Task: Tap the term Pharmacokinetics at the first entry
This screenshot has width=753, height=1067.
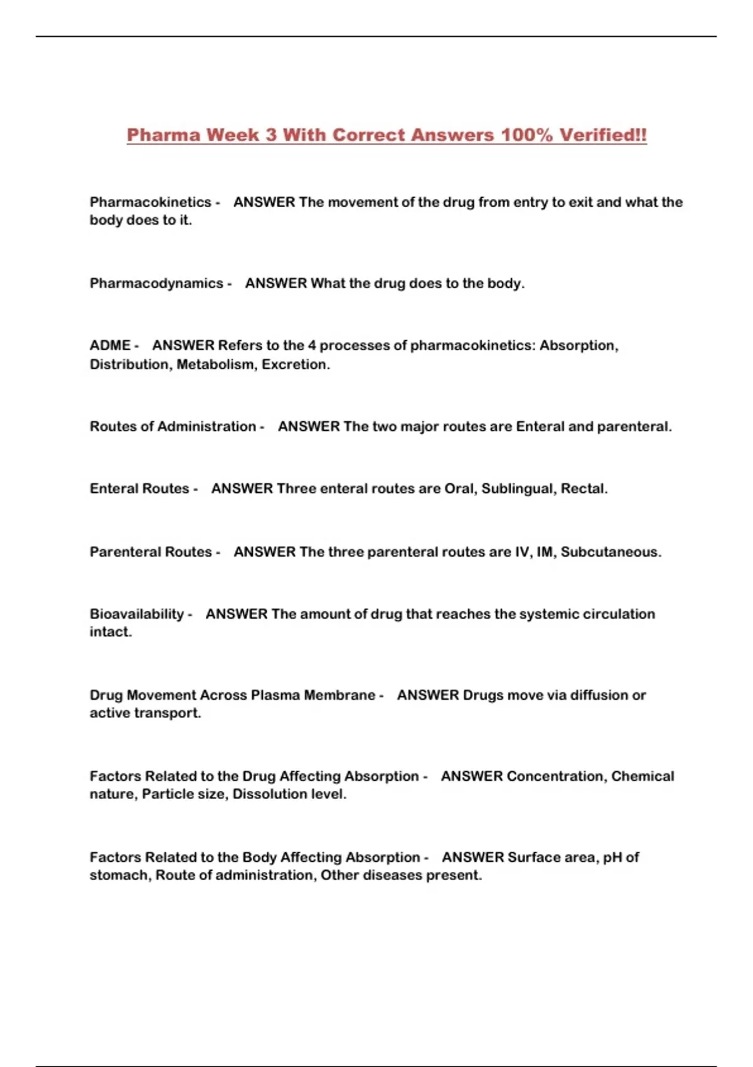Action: (x=150, y=202)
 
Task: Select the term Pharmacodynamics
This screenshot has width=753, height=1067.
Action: (x=156, y=283)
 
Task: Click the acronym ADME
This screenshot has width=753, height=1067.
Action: (x=110, y=345)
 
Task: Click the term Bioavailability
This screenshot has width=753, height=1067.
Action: (x=136, y=614)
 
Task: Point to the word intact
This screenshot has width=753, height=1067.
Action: (x=110, y=632)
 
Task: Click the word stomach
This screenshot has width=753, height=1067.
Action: (x=119, y=875)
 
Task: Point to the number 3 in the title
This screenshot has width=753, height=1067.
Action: (x=270, y=135)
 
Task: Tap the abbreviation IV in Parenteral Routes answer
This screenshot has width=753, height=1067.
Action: (x=521, y=552)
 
